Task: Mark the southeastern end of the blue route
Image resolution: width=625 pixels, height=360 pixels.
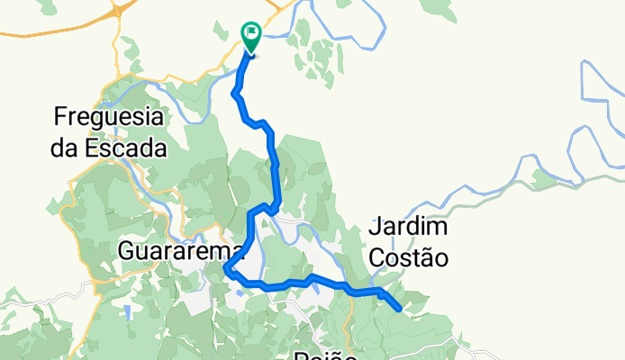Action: tap(398, 309)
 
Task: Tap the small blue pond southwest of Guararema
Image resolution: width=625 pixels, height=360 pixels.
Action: tap(128, 311)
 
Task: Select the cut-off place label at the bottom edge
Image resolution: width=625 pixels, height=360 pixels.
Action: tap(320, 355)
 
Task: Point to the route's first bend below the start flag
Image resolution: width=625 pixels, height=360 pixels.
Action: tap(235, 93)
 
